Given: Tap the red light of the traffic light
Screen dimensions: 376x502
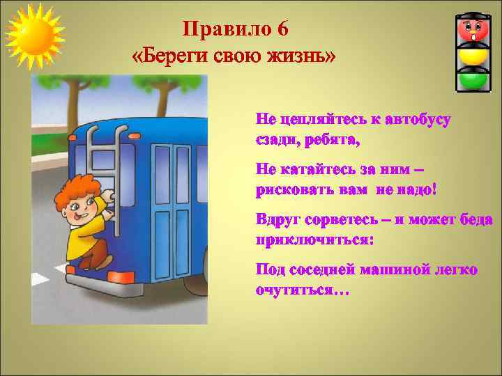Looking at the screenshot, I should pyautogui.click(x=474, y=30).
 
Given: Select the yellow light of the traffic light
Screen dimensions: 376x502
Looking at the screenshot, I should pyautogui.click(x=474, y=56).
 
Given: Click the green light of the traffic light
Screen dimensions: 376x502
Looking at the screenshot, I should pyautogui.click(x=474, y=80).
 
